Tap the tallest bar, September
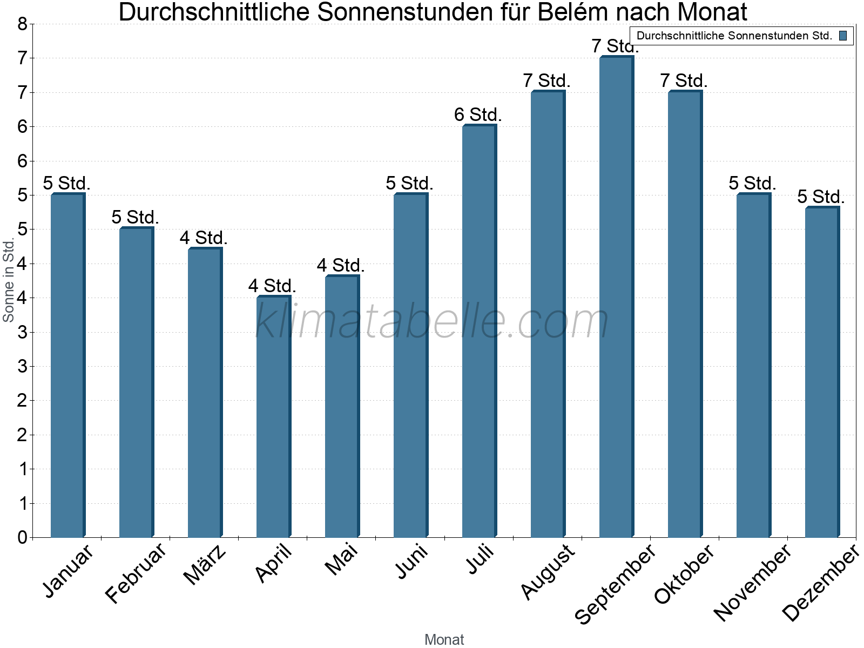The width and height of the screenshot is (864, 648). pos(616,297)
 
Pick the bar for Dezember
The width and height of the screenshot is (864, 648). pos(822,373)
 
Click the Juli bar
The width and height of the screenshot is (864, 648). pos(479,332)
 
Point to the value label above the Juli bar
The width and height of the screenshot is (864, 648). pos(478,114)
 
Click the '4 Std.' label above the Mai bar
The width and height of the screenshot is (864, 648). pos(341,265)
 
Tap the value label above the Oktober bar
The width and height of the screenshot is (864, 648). pos(684,80)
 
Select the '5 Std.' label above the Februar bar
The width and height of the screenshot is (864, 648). pos(135,217)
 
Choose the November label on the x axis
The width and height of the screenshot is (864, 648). pos(752,582)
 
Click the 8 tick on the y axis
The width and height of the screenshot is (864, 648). pos(22,24)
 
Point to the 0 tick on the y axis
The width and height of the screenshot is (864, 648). pos(22,537)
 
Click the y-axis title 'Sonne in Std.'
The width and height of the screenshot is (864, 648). pos(9,280)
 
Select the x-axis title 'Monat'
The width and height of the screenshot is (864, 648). pos(444,639)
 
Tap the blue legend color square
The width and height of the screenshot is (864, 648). pos(843,36)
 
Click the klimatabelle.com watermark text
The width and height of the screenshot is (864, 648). pos(432,321)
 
